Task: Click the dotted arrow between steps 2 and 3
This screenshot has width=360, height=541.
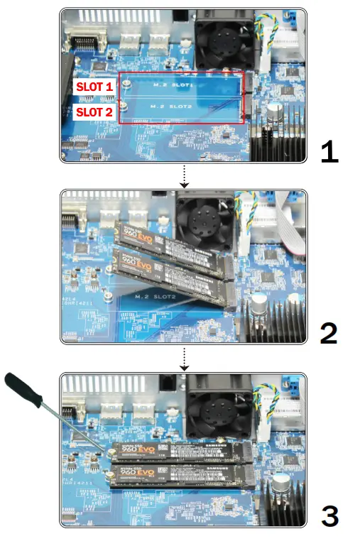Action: (184, 359)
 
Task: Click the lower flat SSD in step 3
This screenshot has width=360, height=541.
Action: (181, 474)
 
